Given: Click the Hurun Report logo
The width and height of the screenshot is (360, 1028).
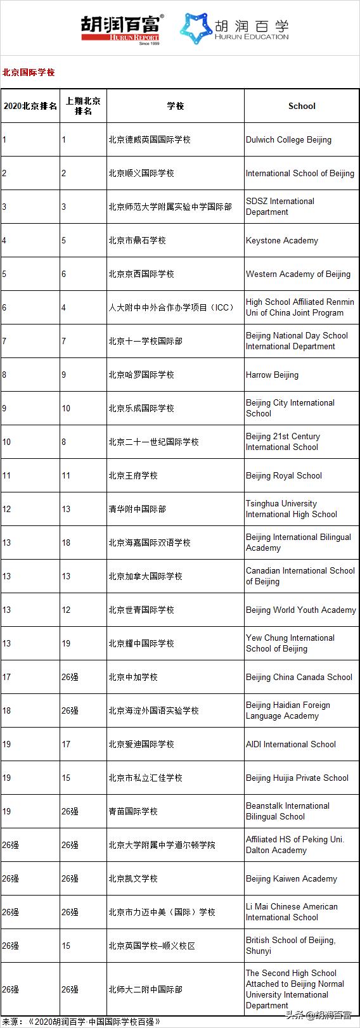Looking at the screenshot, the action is click(121, 29).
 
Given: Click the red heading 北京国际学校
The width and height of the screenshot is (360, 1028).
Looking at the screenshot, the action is click(29, 72).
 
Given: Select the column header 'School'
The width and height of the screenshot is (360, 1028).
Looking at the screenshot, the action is click(302, 106).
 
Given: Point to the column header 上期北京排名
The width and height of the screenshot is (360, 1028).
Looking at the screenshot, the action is click(83, 106).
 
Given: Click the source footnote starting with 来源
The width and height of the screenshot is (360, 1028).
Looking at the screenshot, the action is click(82, 1021).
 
